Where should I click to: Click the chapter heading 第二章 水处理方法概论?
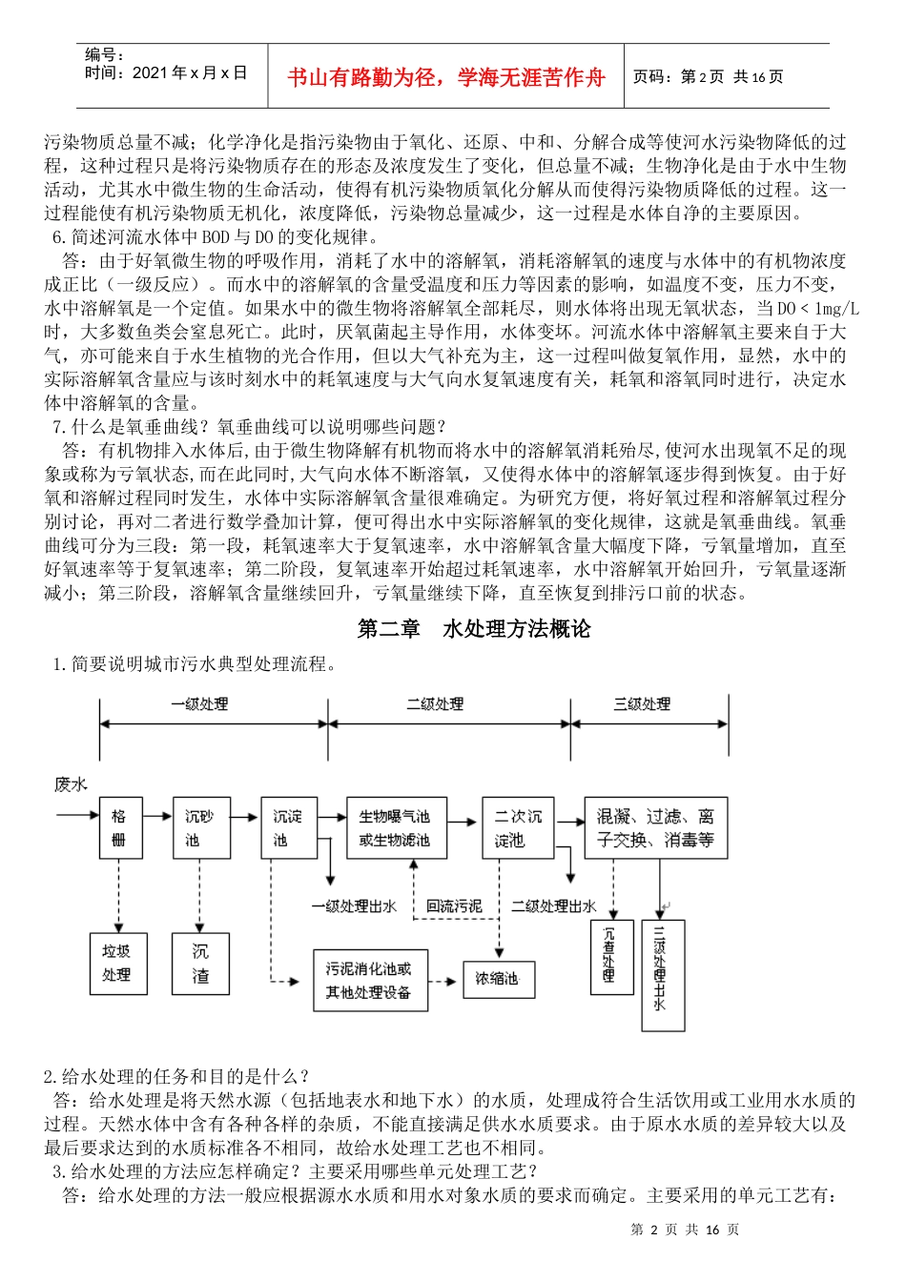(x=474, y=629)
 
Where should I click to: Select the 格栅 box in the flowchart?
(x=119, y=828)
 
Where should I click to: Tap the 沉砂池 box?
(x=200, y=828)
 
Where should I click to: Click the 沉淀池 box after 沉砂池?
(x=288, y=828)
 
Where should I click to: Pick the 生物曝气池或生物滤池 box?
(x=396, y=828)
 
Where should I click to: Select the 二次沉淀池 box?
(x=517, y=828)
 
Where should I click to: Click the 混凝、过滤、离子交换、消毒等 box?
(x=655, y=828)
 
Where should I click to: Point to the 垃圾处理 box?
(x=117, y=964)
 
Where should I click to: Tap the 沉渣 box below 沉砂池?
(x=200, y=964)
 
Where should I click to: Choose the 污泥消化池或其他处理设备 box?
(x=370, y=980)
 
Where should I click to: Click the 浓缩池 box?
(x=498, y=979)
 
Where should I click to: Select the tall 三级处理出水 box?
(x=662, y=976)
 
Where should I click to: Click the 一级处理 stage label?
(x=199, y=704)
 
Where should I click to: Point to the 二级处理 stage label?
(x=435, y=704)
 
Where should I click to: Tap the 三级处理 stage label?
(x=642, y=704)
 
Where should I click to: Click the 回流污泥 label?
(x=453, y=906)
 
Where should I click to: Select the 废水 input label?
(x=71, y=784)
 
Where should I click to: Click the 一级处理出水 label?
(x=354, y=906)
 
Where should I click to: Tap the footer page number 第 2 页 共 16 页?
(x=685, y=1230)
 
